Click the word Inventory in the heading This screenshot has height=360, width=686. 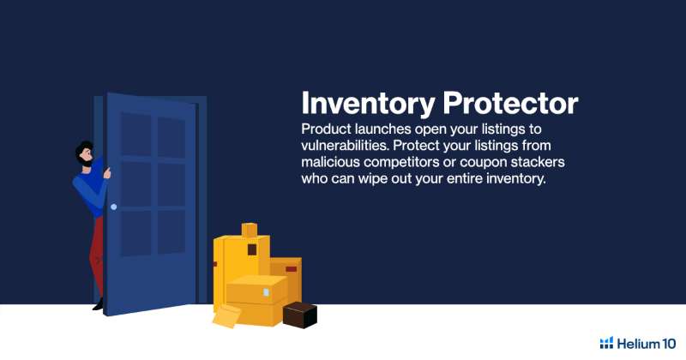tap(368, 103)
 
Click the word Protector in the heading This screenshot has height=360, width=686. tap(510, 103)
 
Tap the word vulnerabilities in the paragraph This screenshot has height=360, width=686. tap(345, 146)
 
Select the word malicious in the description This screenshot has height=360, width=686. tap(330, 162)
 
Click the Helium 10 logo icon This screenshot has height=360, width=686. tap(606, 343)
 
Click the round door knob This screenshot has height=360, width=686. tap(113, 207)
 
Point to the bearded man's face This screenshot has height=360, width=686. tap(85, 155)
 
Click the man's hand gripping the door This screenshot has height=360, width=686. tap(106, 173)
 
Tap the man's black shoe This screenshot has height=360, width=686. tap(98, 305)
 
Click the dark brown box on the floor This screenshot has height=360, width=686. tap(299, 315)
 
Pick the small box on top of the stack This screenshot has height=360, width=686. tap(250, 230)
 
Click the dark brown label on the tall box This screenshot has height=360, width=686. tap(252, 249)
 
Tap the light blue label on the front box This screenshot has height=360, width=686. tap(266, 292)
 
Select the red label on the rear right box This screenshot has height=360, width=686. tap(292, 269)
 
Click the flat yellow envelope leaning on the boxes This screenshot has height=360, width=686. tap(226, 315)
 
